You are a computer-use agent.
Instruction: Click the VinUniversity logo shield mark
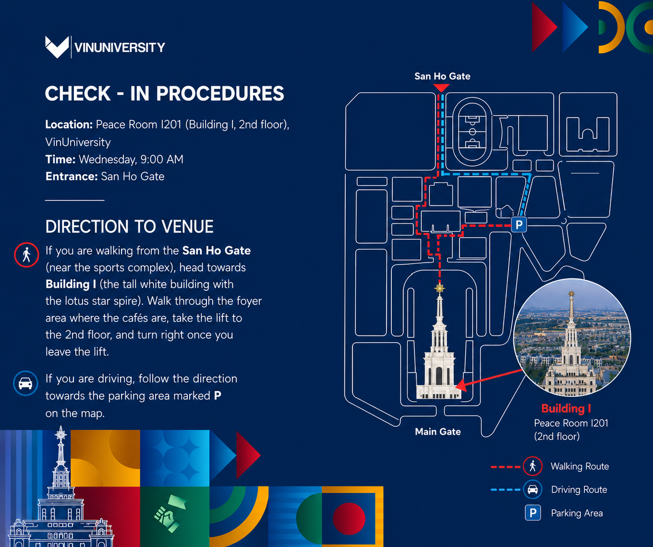point(57,47)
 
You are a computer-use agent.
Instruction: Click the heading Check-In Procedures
point(164,93)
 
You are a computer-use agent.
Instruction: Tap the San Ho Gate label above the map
point(442,76)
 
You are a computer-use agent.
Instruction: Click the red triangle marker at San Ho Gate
point(441,88)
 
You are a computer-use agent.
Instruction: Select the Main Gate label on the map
point(438,432)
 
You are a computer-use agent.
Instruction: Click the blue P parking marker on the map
point(519,224)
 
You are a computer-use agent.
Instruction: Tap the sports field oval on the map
point(472,132)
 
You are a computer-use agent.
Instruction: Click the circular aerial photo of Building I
point(572,337)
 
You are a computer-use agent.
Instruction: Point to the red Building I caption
point(566,408)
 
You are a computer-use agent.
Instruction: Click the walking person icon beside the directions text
point(27,255)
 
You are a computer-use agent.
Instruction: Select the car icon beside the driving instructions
point(26,383)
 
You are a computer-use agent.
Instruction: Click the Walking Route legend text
point(580,466)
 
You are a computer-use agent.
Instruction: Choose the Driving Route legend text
point(579,489)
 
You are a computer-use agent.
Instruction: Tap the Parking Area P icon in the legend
point(533,513)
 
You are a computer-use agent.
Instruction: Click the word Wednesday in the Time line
point(108,160)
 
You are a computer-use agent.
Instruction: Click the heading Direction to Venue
point(130,226)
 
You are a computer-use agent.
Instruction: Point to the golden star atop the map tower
point(440,288)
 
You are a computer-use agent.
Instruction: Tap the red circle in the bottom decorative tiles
point(349,518)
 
